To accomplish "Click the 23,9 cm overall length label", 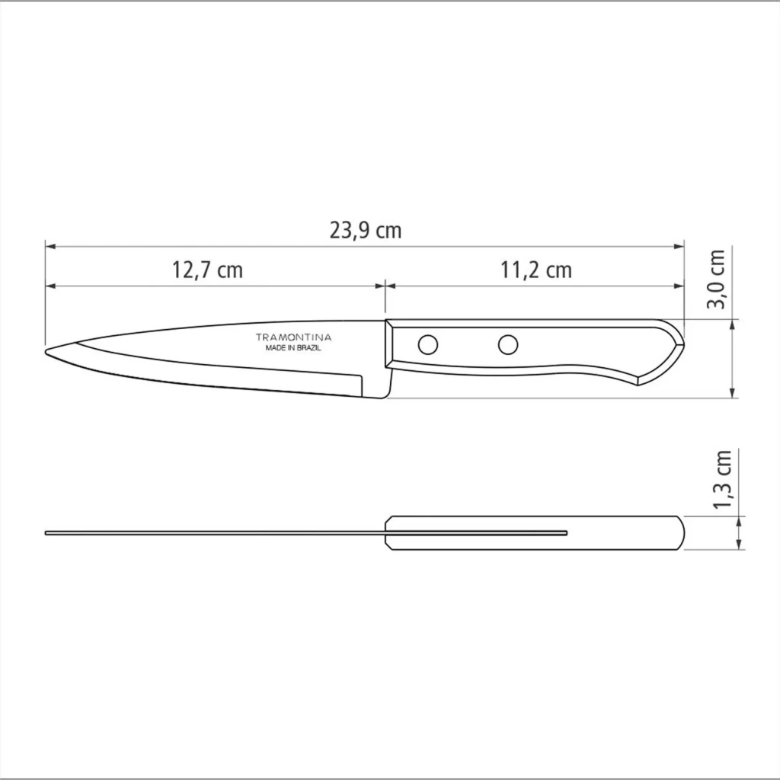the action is coord(365,230).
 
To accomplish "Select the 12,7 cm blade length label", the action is coord(207,270).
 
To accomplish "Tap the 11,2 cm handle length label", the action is coord(535,270).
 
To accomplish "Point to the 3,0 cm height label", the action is coord(717,279).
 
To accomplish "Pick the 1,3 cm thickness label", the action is coord(722,479).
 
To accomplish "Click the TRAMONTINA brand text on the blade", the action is coord(293,337).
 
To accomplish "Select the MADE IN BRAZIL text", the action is coord(293,348).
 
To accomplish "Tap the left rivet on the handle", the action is coord(428,344).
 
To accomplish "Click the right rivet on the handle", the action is coord(508,344).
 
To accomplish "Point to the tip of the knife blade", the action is coord(46,352).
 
